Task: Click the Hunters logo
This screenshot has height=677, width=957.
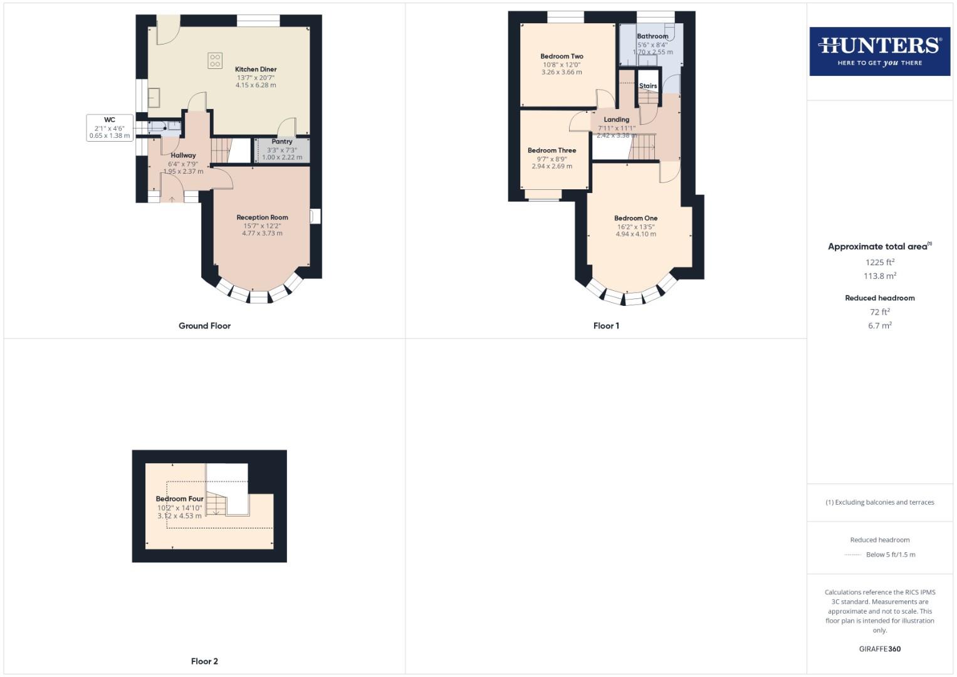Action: [879, 51]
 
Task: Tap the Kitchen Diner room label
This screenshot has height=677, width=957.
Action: [256, 70]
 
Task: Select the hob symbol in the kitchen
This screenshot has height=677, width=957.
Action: [215, 61]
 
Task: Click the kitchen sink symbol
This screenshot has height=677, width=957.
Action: [154, 98]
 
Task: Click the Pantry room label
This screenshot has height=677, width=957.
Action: [282, 142]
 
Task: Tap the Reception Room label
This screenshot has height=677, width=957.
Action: [262, 218]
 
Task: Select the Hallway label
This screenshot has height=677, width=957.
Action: [183, 155]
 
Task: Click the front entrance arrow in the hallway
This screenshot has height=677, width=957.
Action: [172, 199]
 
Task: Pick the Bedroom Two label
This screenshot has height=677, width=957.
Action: [562, 56]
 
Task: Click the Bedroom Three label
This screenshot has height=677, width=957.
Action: [552, 150]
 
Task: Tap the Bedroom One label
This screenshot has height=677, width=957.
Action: [635, 218]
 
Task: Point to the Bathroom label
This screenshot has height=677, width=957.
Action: [652, 36]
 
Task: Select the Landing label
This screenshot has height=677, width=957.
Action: [616, 120]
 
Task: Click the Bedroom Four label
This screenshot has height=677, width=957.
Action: [179, 499]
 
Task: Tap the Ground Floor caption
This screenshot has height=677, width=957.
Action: [204, 326]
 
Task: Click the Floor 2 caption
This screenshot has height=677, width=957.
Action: [204, 661]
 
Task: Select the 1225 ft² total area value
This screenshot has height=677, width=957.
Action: [879, 263]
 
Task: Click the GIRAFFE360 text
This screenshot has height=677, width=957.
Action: [879, 649]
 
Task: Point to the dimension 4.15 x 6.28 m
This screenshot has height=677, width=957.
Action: [256, 85]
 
